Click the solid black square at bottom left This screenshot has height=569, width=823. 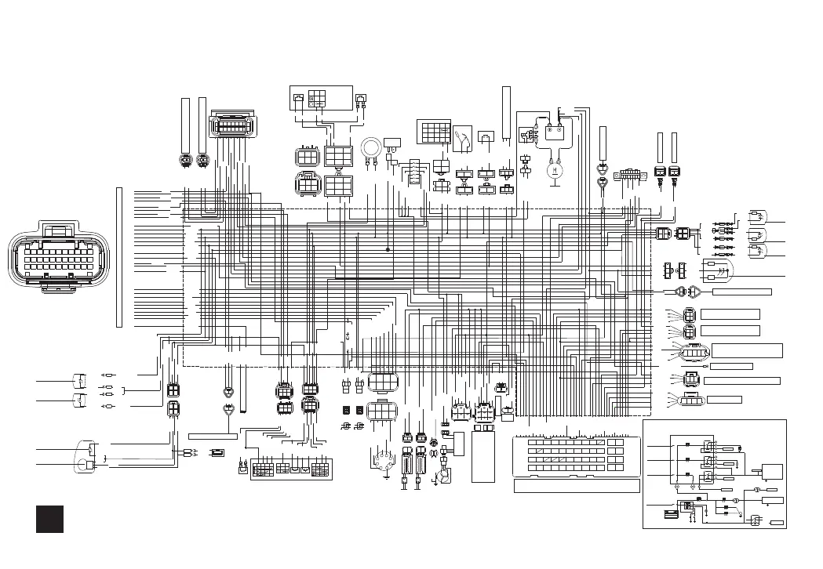49,519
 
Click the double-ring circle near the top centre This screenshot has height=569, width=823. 371,147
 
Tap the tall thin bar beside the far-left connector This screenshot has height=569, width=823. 119,256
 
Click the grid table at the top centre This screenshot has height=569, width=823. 434,132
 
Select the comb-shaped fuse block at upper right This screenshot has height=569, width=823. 631,174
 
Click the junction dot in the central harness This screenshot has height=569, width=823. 388,249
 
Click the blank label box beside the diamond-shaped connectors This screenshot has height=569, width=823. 741,292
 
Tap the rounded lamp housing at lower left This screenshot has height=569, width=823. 86,457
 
